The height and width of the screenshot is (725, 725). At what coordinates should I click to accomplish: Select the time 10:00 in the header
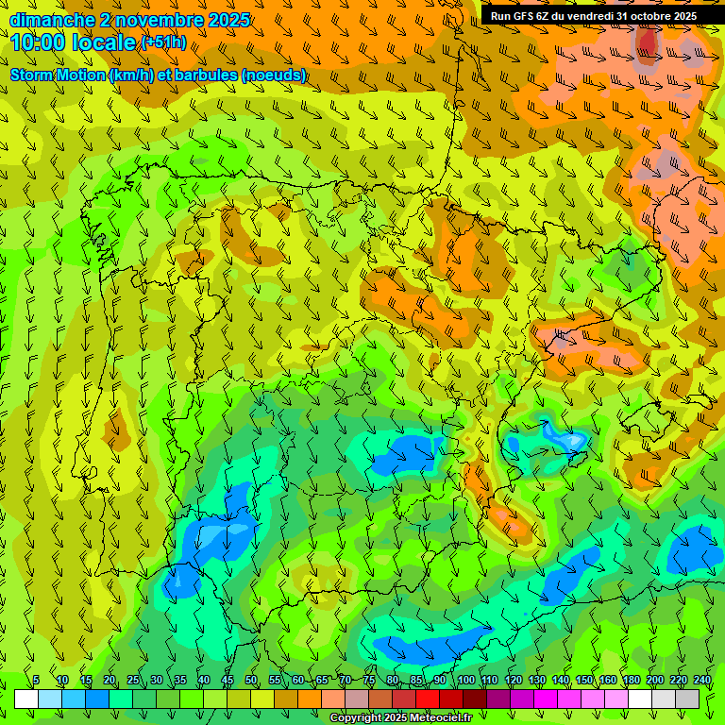38,42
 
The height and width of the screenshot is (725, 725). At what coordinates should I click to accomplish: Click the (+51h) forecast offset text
163,42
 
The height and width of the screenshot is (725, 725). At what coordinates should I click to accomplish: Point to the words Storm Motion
57,75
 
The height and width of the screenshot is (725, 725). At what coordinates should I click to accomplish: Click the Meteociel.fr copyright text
401,718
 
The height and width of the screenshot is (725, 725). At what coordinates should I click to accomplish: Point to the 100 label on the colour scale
466,681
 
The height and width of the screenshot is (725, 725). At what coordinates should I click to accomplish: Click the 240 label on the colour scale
702,681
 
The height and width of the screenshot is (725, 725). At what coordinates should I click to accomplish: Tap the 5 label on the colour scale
37,681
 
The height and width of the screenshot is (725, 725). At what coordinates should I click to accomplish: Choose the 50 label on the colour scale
251,681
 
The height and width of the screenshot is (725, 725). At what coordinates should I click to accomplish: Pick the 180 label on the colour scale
632,681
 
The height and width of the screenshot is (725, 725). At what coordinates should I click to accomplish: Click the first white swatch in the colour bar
26,699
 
